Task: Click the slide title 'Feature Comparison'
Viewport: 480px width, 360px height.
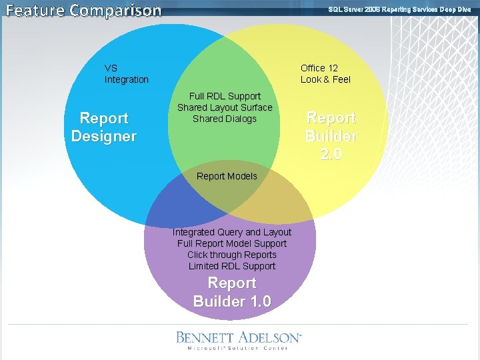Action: point(83,10)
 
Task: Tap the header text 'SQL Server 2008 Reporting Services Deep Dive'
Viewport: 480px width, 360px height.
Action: point(399,9)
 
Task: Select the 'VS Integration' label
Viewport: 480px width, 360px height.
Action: point(126,74)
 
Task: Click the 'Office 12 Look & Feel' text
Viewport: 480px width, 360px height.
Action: point(325,74)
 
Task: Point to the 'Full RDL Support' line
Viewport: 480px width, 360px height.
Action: point(225,96)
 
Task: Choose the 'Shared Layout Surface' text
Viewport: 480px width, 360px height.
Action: point(225,107)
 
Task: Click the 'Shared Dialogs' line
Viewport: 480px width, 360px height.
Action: point(225,119)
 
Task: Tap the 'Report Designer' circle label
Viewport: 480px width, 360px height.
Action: point(104,127)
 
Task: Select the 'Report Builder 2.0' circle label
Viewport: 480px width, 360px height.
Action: point(331,135)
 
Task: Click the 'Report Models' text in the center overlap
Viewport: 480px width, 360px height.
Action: point(227,176)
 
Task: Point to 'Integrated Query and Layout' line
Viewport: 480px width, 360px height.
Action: point(232,232)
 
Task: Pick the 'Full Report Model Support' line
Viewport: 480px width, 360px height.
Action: point(232,243)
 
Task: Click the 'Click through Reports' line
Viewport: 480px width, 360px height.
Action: point(232,255)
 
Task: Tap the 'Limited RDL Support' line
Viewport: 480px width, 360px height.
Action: point(232,266)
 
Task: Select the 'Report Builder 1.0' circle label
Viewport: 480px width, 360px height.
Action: point(232,292)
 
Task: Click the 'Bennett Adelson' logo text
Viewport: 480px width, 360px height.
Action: point(239,337)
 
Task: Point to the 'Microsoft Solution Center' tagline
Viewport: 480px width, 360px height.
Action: point(237,348)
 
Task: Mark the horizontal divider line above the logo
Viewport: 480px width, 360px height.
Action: point(238,324)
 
